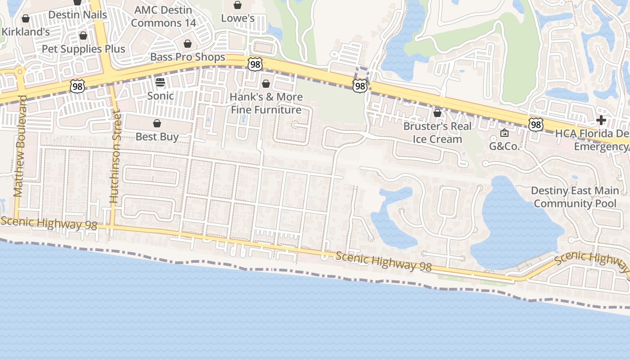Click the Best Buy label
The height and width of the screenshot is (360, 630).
157,137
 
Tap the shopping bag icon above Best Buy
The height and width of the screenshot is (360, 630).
157,123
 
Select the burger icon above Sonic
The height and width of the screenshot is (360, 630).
160,82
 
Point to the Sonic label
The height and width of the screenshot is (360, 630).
160,96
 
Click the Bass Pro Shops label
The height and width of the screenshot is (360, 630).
188,57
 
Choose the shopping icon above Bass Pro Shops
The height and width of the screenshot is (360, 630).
188,44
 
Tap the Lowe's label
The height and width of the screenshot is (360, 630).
238,18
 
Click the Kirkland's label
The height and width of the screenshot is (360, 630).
26,32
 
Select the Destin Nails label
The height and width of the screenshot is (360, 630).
77,15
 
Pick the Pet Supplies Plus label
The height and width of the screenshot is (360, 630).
83,49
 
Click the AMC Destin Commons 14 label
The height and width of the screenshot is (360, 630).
163,16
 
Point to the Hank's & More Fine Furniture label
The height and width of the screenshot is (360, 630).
266,103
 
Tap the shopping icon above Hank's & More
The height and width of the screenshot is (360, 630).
266,84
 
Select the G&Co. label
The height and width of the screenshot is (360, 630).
504,146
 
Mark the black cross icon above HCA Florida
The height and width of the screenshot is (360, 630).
601,120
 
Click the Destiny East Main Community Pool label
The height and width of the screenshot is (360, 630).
575,197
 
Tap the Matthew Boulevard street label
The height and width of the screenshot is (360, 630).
19,146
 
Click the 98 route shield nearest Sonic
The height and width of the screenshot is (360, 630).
77,86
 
